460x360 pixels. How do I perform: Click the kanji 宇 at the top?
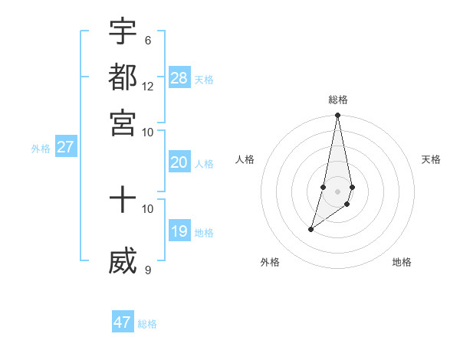123,31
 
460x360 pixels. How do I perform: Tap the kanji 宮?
123,122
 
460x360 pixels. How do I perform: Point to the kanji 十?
123,201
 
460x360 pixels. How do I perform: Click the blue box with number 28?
179,77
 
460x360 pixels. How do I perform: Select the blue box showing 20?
179,162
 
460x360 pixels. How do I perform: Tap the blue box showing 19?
179,231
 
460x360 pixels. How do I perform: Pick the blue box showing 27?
65,148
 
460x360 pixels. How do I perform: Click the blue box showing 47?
123,322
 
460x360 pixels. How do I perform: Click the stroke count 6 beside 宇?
147,41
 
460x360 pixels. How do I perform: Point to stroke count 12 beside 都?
148,87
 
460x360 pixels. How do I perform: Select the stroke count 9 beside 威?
147,269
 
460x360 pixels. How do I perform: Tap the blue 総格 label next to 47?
147,324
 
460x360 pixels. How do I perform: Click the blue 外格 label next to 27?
41,149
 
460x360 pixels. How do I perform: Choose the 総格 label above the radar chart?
337,100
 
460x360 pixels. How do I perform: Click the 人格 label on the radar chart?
245,159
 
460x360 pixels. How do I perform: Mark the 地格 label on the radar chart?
402,262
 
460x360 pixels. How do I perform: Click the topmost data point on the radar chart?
337,116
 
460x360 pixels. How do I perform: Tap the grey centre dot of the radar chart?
337,191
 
